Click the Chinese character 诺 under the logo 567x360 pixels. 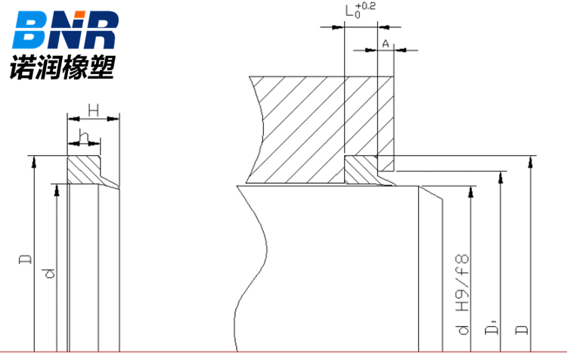coord(23,67)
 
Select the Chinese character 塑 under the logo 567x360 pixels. coord(101,67)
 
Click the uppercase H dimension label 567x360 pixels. coord(94,110)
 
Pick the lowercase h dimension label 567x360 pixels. coord(84,137)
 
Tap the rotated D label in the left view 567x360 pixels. coord(25,259)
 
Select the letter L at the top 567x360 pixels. coord(350,11)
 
